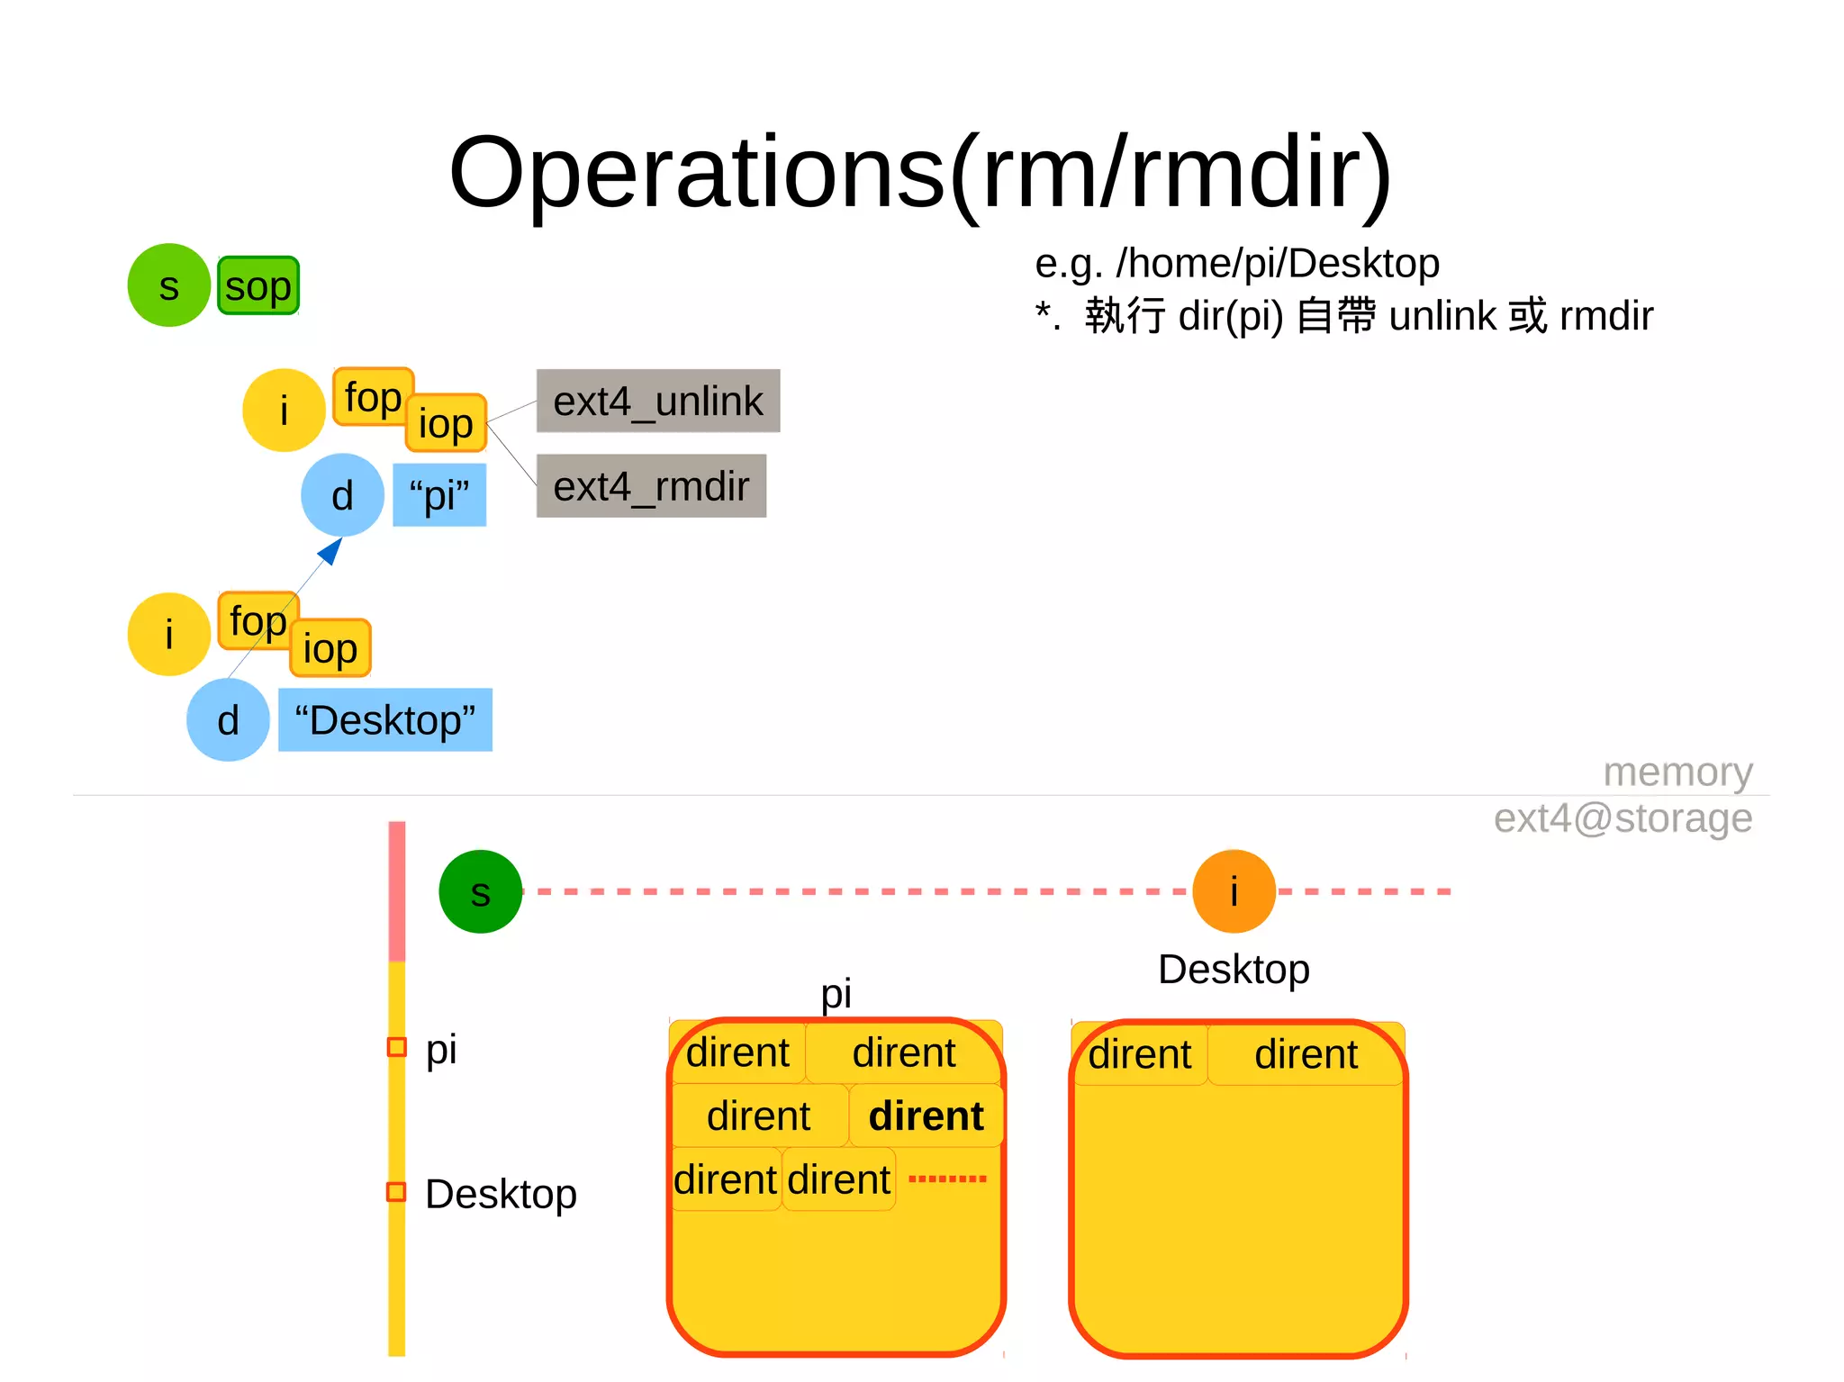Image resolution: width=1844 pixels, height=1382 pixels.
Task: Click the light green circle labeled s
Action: (168, 285)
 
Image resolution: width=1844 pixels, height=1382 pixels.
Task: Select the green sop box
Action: (258, 286)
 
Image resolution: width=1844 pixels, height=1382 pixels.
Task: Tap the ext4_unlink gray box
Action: (658, 401)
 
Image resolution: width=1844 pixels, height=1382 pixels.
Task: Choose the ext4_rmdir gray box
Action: (651, 486)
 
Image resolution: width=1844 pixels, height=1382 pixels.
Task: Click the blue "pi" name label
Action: (439, 495)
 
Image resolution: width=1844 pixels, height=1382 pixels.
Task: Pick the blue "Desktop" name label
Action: (385, 720)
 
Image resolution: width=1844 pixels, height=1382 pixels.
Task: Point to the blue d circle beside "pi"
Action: (342, 495)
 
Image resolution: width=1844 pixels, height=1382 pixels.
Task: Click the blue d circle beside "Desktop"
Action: (228, 720)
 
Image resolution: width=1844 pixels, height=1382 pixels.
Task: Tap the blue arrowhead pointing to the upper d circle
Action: (331, 550)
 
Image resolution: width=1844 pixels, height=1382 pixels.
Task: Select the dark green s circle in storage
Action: (480, 892)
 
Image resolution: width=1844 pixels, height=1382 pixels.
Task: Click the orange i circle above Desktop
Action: (1234, 891)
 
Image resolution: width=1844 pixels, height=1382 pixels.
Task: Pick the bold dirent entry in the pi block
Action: (926, 1116)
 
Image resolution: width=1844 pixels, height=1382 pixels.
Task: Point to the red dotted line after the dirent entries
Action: (947, 1179)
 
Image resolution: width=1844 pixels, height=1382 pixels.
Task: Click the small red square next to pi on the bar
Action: (396, 1047)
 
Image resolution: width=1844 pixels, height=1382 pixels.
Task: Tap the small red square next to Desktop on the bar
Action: (396, 1192)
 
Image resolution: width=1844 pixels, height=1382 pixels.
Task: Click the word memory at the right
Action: (1677, 772)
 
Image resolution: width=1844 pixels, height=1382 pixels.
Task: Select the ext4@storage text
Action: (1623, 818)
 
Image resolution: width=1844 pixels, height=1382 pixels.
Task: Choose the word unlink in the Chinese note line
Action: (1442, 316)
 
